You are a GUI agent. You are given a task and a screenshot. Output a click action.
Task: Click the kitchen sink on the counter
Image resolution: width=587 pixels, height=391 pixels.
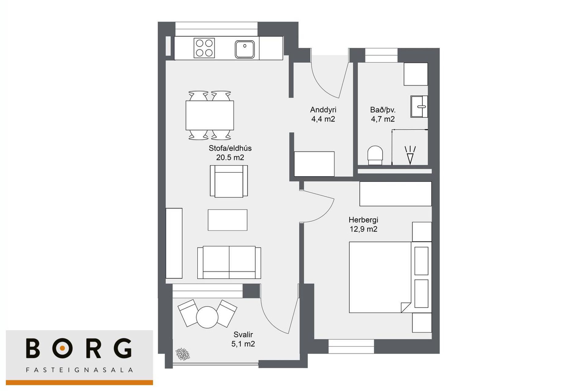[245, 49]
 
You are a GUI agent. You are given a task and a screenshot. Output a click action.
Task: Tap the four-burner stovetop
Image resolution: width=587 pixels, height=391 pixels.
[204, 48]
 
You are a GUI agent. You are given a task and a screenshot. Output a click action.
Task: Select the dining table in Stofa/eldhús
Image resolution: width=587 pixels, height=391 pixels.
[210, 115]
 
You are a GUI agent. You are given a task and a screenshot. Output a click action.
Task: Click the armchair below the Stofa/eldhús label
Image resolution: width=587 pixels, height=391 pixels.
[229, 181]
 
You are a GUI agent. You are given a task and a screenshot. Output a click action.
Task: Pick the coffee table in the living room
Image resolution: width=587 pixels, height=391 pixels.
[227, 220]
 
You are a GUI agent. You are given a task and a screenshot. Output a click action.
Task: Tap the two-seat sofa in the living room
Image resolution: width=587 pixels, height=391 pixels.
[229, 262]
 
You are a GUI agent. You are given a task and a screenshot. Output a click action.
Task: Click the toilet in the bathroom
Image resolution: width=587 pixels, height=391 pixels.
[375, 155]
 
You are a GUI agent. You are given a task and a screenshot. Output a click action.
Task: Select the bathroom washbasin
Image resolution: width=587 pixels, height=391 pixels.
[419, 107]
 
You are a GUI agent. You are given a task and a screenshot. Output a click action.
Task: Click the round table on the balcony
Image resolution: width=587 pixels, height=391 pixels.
[207, 317]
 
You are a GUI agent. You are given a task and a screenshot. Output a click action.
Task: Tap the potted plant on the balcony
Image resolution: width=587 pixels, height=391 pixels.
[183, 354]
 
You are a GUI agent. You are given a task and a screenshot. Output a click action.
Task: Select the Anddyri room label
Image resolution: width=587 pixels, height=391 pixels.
[323, 110]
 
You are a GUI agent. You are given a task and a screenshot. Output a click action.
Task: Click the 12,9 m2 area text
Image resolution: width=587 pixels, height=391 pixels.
[364, 229]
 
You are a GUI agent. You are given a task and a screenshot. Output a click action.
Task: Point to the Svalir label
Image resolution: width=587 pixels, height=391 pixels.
[243, 334]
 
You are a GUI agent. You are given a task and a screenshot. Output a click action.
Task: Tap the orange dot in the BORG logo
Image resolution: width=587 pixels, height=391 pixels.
[62, 348]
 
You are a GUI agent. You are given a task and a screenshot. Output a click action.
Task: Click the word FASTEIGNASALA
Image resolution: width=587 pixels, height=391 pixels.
[79, 370]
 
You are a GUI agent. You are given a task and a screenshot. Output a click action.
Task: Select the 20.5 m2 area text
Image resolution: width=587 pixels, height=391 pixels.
[230, 158]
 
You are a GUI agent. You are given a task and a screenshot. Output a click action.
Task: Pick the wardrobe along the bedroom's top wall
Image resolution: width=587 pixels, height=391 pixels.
[396, 194]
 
